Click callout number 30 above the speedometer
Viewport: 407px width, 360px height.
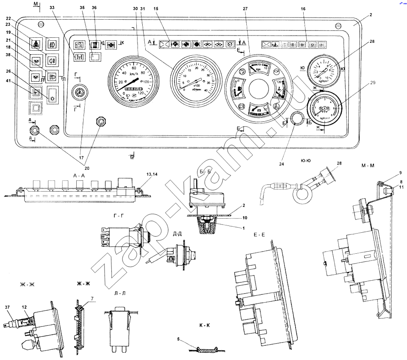[135, 9]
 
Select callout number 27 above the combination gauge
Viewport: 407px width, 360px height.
[245, 9]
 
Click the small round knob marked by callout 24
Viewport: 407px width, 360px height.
[295, 118]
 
